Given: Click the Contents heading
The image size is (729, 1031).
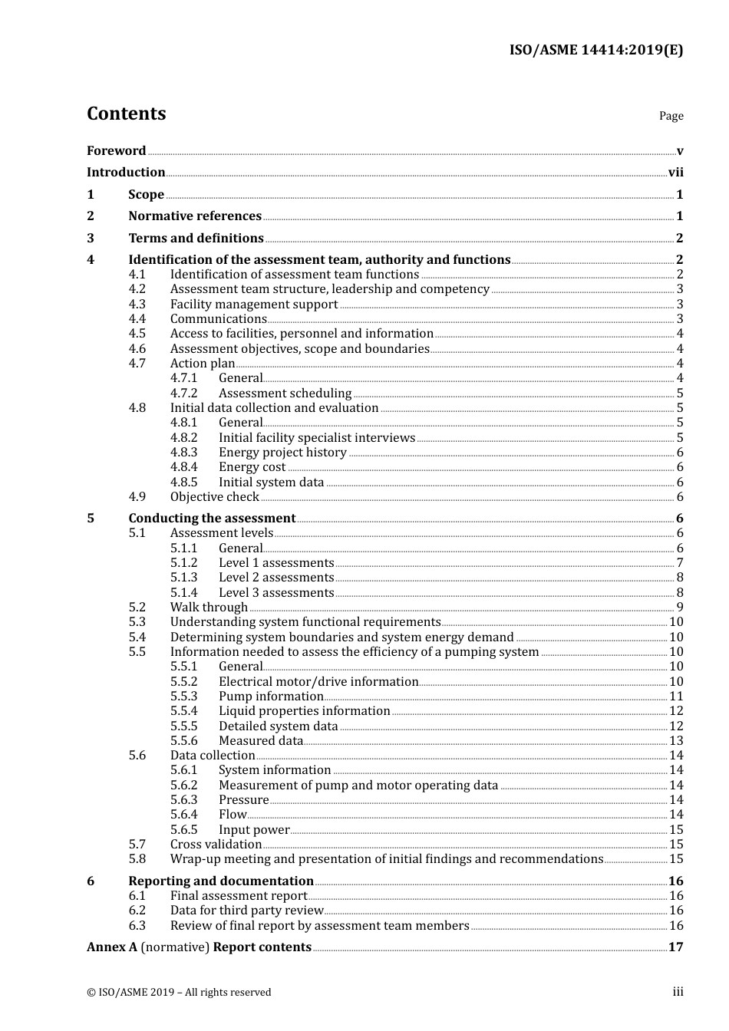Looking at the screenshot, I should (x=126, y=114).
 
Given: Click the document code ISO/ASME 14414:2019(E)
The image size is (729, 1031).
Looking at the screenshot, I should (x=595, y=51).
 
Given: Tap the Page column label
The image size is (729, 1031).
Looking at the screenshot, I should (x=671, y=116).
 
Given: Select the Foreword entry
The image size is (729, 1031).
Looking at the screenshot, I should (x=116, y=151).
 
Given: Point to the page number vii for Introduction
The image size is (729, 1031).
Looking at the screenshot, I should (x=675, y=173).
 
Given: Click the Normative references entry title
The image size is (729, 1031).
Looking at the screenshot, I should (x=195, y=216).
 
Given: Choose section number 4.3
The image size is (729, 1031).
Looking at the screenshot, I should (x=137, y=305).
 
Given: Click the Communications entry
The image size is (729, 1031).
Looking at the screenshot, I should (x=218, y=319).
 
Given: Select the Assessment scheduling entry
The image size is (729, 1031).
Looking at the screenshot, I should (x=285, y=394).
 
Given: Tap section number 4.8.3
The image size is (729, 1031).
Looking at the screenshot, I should (x=183, y=453).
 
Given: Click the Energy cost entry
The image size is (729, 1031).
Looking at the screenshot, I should (x=252, y=467).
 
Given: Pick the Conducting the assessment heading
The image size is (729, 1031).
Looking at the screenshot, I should (x=212, y=519).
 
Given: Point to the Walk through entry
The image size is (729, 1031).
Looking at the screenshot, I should (x=209, y=608).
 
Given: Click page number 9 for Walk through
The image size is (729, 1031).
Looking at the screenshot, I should (x=679, y=608).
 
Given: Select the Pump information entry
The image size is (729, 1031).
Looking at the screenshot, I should (x=271, y=697).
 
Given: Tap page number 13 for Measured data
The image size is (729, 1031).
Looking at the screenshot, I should (x=676, y=741).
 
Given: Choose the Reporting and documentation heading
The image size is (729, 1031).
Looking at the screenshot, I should (x=221, y=881).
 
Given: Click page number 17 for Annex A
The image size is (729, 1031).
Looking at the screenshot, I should (x=675, y=947).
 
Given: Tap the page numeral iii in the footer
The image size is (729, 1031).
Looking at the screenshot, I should (x=678, y=992).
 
